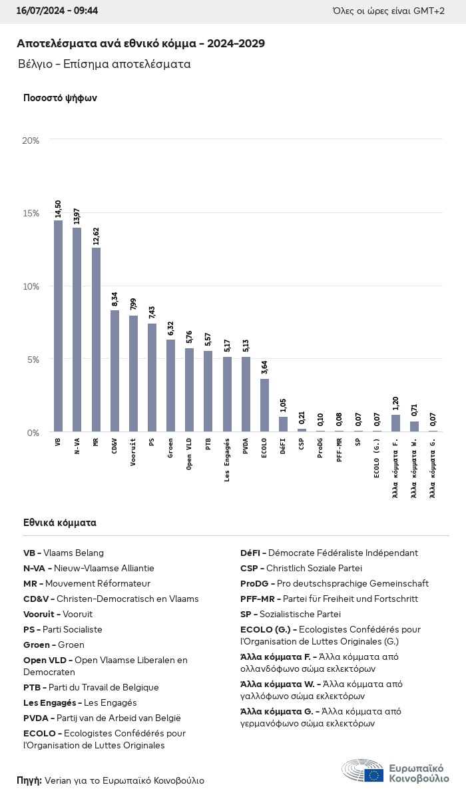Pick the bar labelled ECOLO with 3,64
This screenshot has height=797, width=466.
click(x=264, y=405)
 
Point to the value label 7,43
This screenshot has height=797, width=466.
click(x=152, y=314)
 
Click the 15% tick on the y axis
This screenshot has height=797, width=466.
click(x=31, y=213)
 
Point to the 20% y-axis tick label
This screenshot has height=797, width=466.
click(x=31, y=140)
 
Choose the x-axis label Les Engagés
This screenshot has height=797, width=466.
click(x=227, y=460)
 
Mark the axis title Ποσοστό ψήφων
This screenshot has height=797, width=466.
click(x=60, y=98)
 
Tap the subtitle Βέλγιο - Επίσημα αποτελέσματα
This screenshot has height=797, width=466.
click(x=105, y=65)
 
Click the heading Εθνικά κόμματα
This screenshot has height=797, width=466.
click(x=60, y=523)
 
